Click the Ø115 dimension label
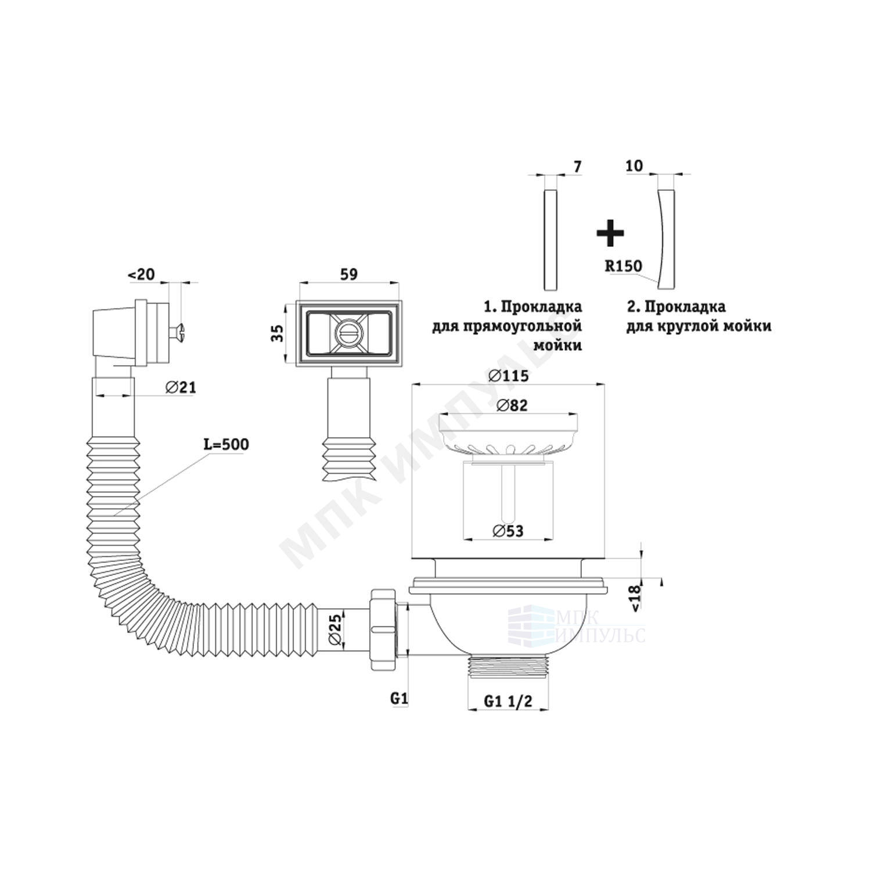[509, 376]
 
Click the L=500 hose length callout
[225, 445]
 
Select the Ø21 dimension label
[180, 387]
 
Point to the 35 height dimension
[278, 333]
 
